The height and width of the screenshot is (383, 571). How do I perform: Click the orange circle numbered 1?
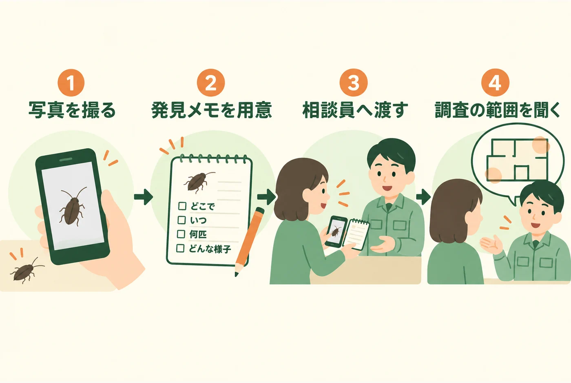[71, 82]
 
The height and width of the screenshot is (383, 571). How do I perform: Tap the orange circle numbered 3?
[353, 82]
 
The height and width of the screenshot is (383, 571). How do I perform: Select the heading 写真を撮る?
[72, 110]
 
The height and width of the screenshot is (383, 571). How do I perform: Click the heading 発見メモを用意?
[212, 110]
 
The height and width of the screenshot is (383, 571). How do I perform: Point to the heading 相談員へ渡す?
[355, 110]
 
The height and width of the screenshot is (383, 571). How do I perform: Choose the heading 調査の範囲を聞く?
[497, 110]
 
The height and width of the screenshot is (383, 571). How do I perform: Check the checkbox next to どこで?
[182, 206]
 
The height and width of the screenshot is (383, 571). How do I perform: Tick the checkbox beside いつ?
[181, 220]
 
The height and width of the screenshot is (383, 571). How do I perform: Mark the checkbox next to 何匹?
[181, 234]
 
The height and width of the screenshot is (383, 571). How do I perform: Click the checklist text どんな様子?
[210, 249]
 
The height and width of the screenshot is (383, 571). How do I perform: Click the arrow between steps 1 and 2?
[143, 196]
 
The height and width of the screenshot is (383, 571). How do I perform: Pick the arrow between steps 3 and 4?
[423, 196]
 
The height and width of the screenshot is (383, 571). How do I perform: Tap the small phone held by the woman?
[336, 231]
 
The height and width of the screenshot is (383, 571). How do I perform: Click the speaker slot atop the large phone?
[66, 159]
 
